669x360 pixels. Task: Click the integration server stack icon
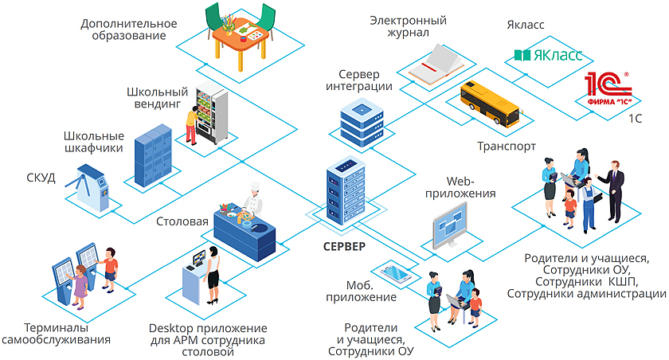(362, 123)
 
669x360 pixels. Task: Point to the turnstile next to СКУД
(90, 187)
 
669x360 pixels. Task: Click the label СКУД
(41, 177)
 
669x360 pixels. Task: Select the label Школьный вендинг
(157, 98)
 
